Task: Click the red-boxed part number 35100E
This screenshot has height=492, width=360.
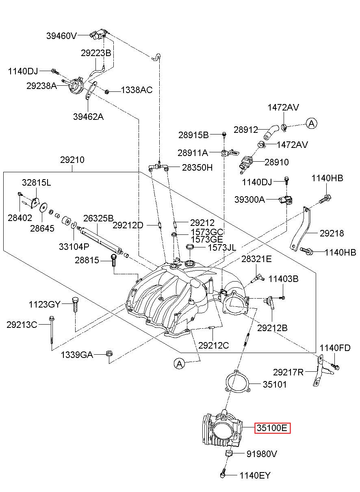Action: tap(272, 428)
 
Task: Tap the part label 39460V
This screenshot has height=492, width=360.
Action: tap(61, 36)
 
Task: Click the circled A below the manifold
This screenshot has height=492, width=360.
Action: tap(180, 364)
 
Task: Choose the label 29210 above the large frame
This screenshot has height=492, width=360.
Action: tap(72, 160)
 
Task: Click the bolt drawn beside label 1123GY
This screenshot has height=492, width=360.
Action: tap(75, 305)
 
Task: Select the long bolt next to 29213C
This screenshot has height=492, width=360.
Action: tap(52, 330)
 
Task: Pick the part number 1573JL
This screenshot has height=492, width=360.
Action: tap(222, 247)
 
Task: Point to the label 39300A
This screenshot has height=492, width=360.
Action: tap(250, 199)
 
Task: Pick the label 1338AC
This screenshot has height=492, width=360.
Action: tap(137, 90)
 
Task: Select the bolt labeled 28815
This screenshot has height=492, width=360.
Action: tap(113, 260)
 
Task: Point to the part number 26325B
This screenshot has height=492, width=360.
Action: tap(98, 218)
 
